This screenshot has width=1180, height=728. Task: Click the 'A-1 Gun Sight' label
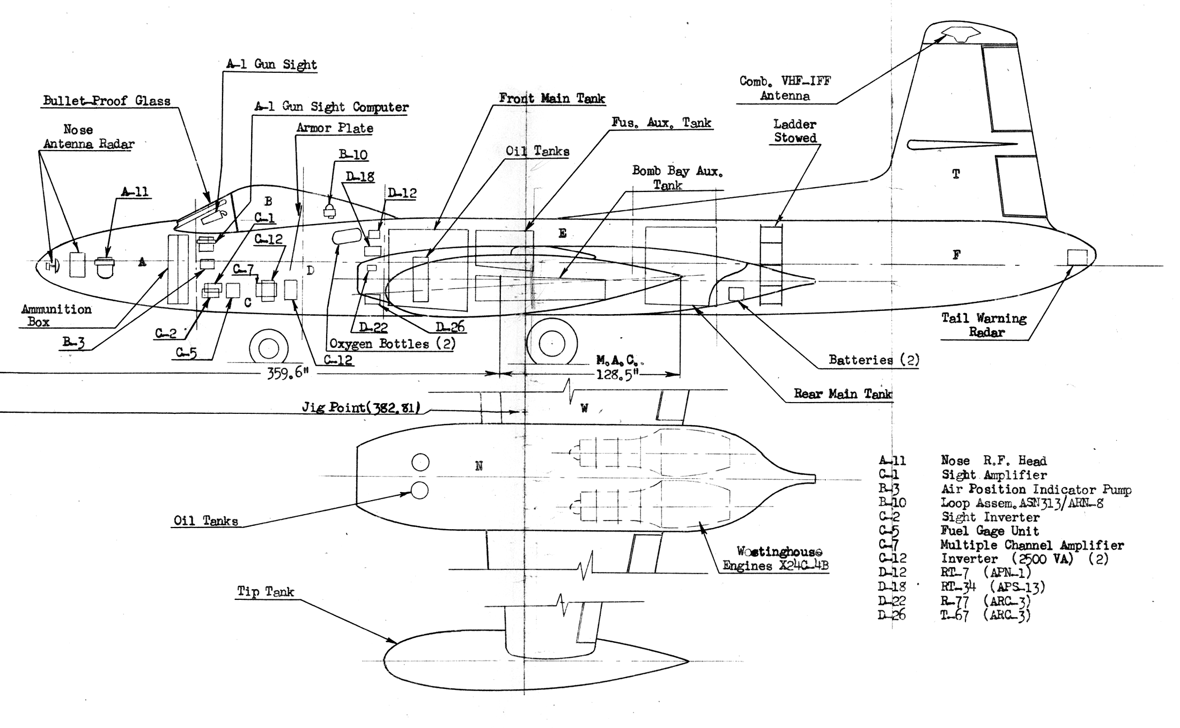tap(271, 64)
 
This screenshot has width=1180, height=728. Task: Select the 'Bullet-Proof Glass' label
tap(107, 101)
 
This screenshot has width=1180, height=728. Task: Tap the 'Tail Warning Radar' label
tap(985, 325)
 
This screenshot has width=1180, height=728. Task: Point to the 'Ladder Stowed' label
tap(795, 131)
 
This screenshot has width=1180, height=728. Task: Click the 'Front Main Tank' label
tap(552, 98)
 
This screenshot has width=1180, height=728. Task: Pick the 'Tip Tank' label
tap(265, 592)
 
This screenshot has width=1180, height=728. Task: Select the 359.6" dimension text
tap(288, 373)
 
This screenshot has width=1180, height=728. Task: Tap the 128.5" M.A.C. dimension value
tap(617, 374)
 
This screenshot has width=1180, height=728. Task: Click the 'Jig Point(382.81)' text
tap(361, 408)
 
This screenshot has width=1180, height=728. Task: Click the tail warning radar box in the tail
tap(1077, 257)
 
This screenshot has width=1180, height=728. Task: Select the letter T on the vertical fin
tap(956, 174)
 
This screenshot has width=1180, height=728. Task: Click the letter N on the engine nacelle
tap(479, 466)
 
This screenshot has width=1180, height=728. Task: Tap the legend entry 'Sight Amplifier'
tap(994, 475)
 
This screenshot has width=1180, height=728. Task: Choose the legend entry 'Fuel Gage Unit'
tap(990, 531)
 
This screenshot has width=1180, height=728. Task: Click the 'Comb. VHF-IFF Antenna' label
tap(785, 88)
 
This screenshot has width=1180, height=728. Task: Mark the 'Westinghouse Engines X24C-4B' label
tap(776, 559)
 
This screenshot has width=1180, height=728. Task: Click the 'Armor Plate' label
tap(335, 128)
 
